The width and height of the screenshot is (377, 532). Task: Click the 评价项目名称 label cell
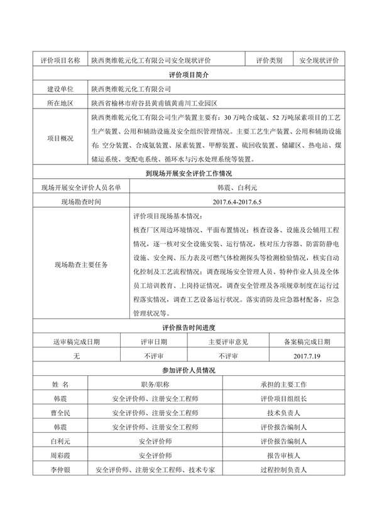pyautogui.click(x=60, y=60)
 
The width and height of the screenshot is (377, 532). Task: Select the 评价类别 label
pyautogui.click(x=269, y=60)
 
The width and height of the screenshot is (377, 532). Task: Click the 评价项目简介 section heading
pyautogui.click(x=189, y=75)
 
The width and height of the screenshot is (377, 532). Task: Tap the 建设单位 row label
pyautogui.click(x=60, y=89)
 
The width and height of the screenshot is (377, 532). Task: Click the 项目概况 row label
pyautogui.click(x=60, y=139)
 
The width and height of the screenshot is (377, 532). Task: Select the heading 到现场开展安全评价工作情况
pyautogui.click(x=189, y=174)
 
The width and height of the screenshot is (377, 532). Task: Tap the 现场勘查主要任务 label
pyautogui.click(x=82, y=264)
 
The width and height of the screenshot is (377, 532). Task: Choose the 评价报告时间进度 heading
pyautogui.click(x=189, y=327)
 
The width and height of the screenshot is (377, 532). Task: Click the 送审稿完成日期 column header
pyautogui.click(x=77, y=341)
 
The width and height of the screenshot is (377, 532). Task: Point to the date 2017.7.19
pyautogui.click(x=307, y=356)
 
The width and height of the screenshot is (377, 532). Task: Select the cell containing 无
pyautogui.click(x=77, y=356)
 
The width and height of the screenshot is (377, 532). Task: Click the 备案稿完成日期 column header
pyautogui.click(x=307, y=341)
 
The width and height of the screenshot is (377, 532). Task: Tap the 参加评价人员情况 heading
pyautogui.click(x=189, y=370)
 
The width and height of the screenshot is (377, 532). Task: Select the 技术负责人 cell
pyautogui.click(x=283, y=413)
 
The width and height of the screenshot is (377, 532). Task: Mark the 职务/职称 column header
pyautogui.click(x=155, y=384)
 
